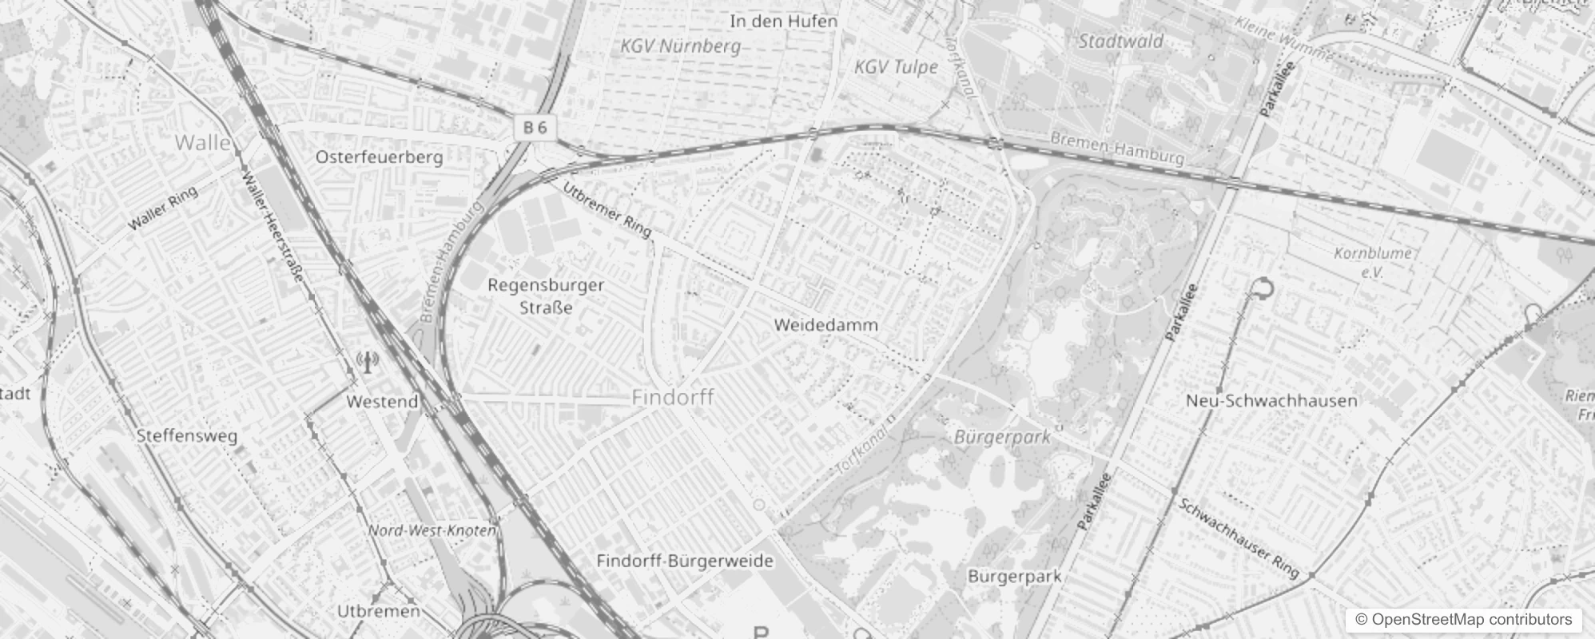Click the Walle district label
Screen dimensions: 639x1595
coord(203,143)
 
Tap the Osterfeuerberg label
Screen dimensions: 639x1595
coord(379,157)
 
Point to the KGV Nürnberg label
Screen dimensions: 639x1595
coord(681,46)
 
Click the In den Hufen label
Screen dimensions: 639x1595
coord(783,22)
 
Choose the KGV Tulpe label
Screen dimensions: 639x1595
coord(896,67)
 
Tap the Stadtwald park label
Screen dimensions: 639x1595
coord(1120,42)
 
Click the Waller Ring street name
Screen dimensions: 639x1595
coord(162,209)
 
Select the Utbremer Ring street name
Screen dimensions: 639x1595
coord(607,209)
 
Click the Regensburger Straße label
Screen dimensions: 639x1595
coord(546,296)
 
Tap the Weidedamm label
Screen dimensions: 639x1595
coord(825,325)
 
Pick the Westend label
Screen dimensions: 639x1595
coord(382,401)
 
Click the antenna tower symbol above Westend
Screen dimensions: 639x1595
coord(367,363)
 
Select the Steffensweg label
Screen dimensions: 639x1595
coord(187,436)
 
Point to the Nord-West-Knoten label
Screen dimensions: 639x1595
coord(432,530)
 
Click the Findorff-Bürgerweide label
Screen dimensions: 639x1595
coord(685,561)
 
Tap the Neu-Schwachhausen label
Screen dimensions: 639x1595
coord(1271,400)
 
